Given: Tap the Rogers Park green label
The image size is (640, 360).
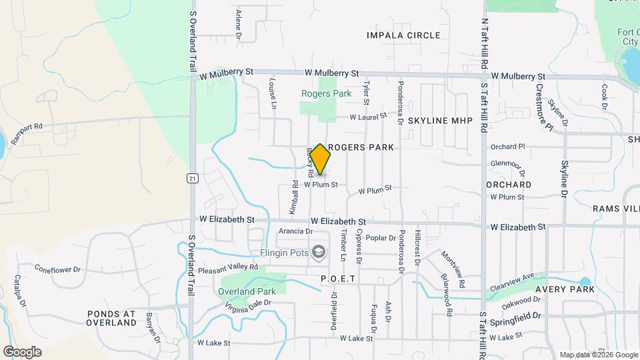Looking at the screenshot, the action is pos(326,94).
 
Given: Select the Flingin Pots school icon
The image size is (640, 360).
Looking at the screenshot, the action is pos(319,252).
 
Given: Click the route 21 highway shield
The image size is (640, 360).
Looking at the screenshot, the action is pos(193,178).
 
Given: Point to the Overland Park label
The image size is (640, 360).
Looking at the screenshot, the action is pos(247,291).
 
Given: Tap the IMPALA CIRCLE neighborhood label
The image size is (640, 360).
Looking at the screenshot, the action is pos(403,35).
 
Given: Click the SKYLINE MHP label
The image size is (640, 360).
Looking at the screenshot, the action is pos(439,121).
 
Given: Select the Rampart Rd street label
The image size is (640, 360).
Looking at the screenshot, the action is pos(26,126).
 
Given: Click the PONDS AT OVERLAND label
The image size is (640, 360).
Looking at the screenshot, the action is pos(111,318).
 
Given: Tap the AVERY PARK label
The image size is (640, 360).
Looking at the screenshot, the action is pos(564,289).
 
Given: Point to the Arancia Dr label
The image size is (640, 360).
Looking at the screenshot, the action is pos(295,231).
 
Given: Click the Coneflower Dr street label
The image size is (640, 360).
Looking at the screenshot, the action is pos(57,269).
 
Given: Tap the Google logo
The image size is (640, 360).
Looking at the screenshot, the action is pos(22,351).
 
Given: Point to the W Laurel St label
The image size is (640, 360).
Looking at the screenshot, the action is pos(369,117).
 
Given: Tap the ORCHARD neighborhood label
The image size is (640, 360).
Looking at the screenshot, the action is pos(508,184).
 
